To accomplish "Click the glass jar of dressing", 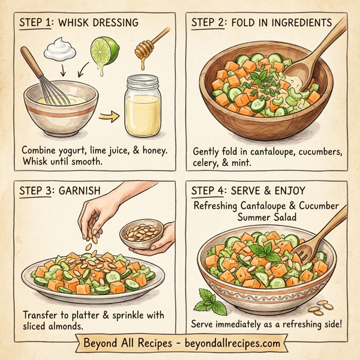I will (143, 108).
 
